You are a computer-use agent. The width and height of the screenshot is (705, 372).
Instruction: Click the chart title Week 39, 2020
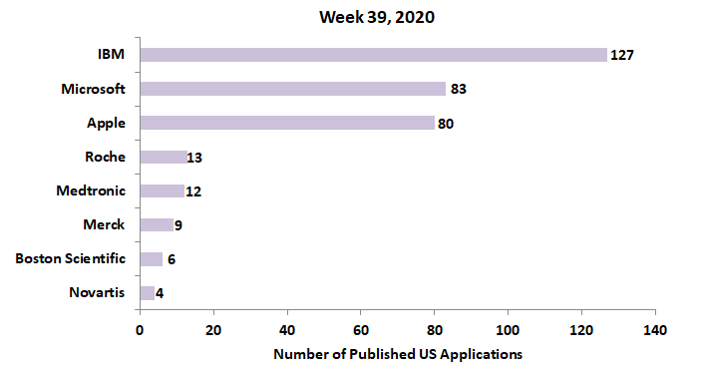point(377,17)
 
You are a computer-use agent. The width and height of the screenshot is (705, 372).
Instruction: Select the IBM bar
point(373,55)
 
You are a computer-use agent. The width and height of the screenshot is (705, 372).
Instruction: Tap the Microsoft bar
point(292,89)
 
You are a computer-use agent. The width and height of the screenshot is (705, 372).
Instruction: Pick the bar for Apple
point(287,123)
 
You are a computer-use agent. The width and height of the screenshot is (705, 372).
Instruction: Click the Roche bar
point(164,157)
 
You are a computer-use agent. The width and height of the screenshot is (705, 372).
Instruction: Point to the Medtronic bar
point(162,190)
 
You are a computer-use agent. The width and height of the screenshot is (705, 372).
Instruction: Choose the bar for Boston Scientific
point(151,259)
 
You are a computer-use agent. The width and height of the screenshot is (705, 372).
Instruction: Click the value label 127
point(622,55)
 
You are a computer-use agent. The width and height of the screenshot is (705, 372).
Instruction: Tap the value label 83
point(459,89)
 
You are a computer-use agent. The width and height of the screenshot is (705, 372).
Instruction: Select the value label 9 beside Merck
point(177,225)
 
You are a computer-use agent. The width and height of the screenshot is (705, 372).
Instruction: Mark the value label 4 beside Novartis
point(160,293)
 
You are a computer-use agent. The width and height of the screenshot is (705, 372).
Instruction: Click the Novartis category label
point(98,293)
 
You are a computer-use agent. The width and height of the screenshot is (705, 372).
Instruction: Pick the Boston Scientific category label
point(71,259)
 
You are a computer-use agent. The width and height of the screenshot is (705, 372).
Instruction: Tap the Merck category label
point(105,225)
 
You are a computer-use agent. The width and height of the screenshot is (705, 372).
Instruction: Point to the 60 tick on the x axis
point(361,328)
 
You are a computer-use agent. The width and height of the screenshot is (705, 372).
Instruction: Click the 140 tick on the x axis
point(655,328)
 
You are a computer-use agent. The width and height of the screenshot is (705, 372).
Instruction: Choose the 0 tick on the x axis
point(140,328)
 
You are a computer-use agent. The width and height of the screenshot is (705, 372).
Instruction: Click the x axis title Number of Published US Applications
point(397,353)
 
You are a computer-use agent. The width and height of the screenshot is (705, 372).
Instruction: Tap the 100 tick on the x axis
point(508,328)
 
